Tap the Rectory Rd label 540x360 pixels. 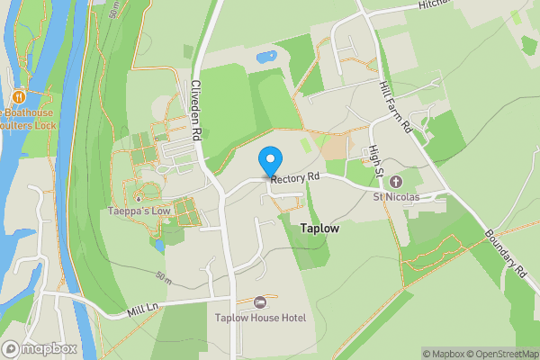pyautogui.click(x=295, y=178)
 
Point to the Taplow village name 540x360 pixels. pyautogui.click(x=320, y=229)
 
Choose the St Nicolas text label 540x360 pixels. pyautogui.click(x=397, y=196)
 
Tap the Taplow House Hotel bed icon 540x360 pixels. pyautogui.click(x=261, y=302)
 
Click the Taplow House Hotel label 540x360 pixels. pyautogui.click(x=261, y=318)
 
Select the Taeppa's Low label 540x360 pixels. pyautogui.click(x=139, y=211)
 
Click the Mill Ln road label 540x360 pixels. pyautogui.click(x=142, y=310)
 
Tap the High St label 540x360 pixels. pyautogui.click(x=376, y=158)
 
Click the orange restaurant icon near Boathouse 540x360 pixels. pyautogui.click(x=19, y=96)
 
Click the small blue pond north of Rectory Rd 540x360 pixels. pyautogui.click(x=266, y=57)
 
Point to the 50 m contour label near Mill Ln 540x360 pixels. pyautogui.click(x=163, y=275)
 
